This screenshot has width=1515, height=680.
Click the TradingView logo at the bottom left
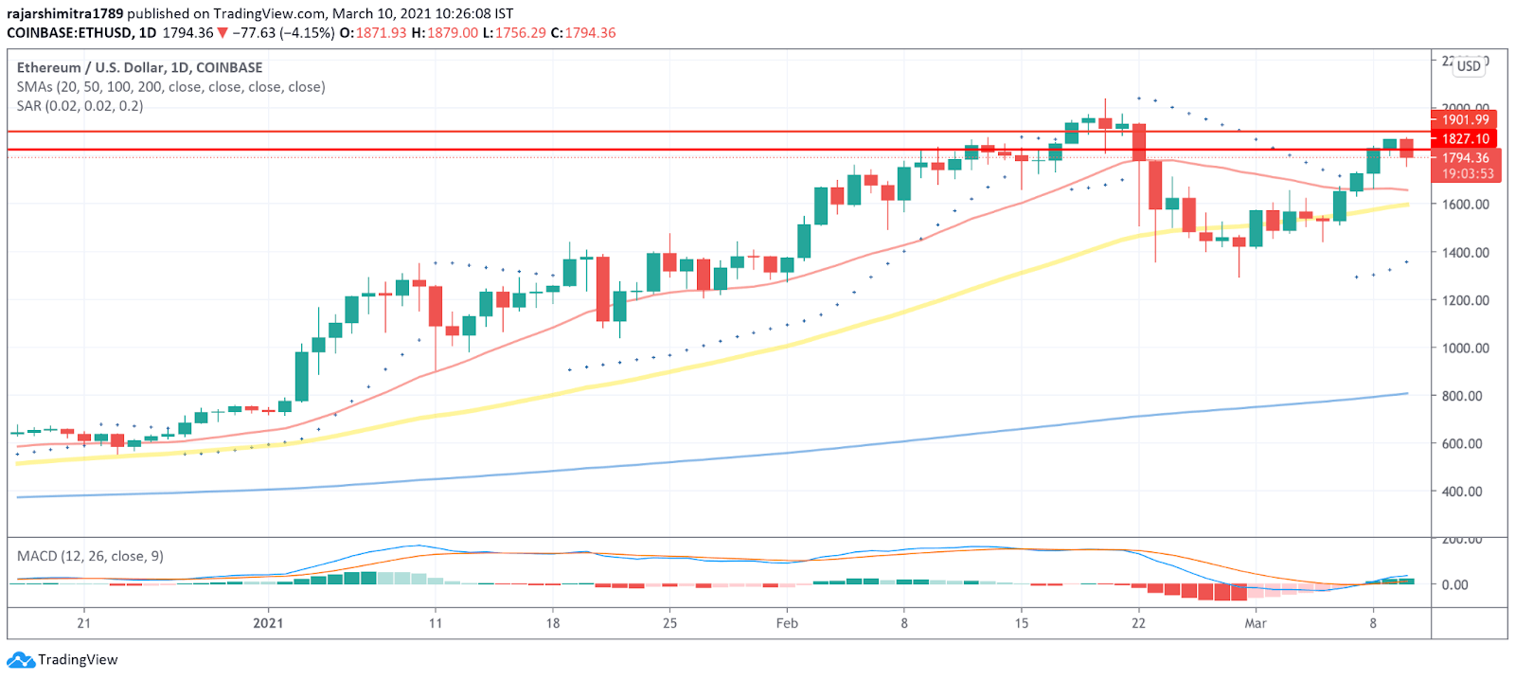(64, 659)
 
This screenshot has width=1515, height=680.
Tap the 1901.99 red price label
(1465, 119)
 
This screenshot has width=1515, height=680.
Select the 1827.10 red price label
(1465, 138)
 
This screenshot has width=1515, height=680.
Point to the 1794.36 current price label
(1465, 158)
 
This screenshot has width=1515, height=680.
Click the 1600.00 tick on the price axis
(1465, 205)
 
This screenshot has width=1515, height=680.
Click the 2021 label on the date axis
(268, 623)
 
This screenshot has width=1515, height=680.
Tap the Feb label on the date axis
(787, 623)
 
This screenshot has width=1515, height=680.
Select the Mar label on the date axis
(1255, 623)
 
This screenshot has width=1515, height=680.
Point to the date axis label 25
(669, 623)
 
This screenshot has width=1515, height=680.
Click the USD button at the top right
(1469, 65)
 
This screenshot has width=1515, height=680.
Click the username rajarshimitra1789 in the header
(65, 13)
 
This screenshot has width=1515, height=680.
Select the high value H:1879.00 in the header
(444, 32)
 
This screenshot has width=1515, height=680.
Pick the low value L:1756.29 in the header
(514, 32)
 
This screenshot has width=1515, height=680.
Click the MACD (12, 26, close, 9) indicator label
(90, 556)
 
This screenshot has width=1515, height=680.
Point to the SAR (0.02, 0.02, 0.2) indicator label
(80, 105)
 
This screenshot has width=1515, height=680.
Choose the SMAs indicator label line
(170, 86)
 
